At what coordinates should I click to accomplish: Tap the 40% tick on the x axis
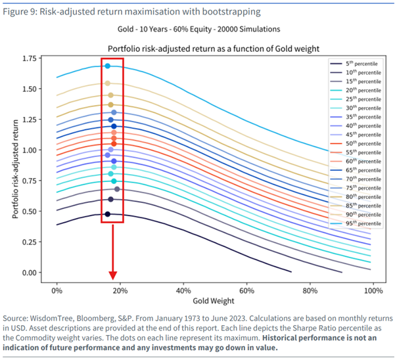(x=183, y=290)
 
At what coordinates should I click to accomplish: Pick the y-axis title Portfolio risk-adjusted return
(x=15, y=165)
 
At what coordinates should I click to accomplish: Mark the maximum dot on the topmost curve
(x=108, y=66)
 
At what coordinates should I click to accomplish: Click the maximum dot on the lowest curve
(x=107, y=214)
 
